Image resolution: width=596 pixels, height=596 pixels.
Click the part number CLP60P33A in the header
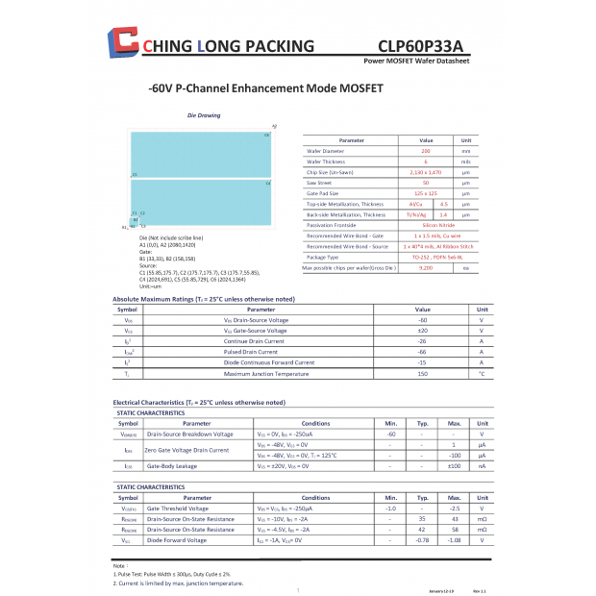[x=420, y=45]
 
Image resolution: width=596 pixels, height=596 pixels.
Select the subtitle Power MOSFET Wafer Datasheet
[x=417, y=60]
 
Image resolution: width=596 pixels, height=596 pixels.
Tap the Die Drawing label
[x=203, y=115]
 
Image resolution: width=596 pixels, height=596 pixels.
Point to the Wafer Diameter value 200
[x=426, y=151]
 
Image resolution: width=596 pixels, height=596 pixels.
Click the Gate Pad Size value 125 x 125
[x=426, y=193]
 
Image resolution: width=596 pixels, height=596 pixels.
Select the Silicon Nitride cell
[x=426, y=225]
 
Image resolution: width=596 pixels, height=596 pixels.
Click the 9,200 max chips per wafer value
[x=426, y=267]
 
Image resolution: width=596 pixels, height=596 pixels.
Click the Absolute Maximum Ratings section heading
[x=203, y=299]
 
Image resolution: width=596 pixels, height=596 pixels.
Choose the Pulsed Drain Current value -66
[x=422, y=352]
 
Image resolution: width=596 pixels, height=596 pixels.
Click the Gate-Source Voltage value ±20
[x=422, y=331]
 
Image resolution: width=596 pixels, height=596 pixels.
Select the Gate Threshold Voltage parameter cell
[x=177, y=509]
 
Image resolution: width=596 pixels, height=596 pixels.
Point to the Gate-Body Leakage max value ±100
[x=455, y=465]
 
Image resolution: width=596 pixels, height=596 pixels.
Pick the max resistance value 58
[x=455, y=530]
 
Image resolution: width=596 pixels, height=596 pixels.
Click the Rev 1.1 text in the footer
[x=480, y=589]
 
